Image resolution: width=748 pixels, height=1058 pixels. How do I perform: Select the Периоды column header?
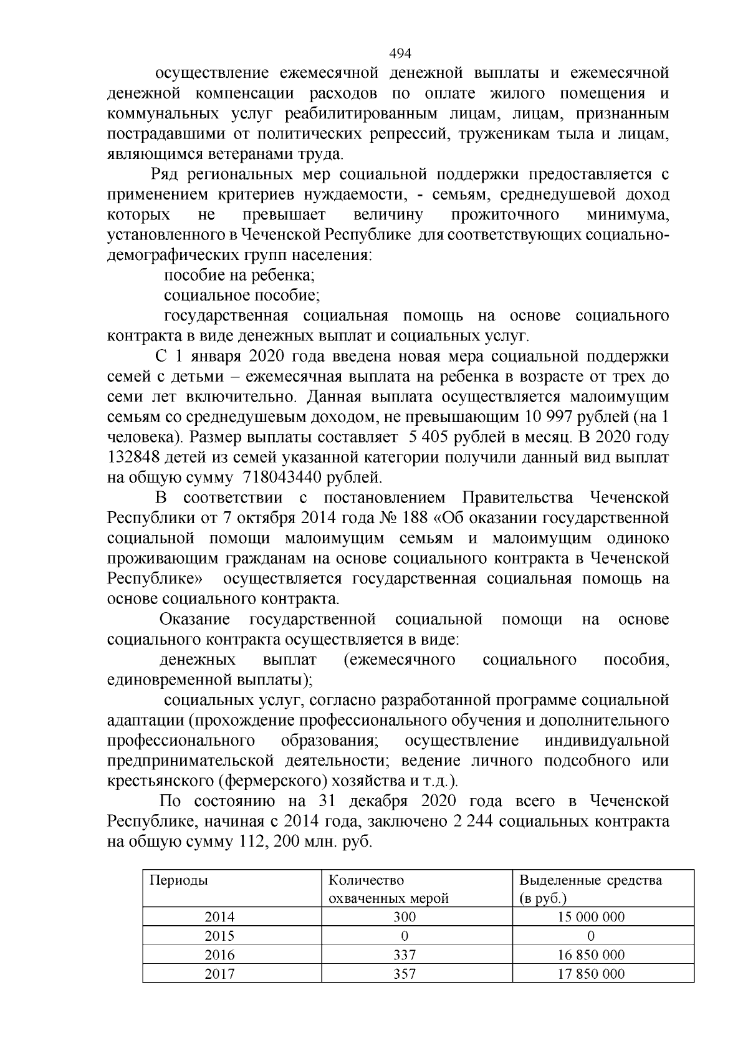click(x=178, y=880)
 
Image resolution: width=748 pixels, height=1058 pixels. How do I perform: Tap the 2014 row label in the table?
click(x=219, y=916)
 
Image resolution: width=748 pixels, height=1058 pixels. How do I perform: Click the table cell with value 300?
click(x=405, y=916)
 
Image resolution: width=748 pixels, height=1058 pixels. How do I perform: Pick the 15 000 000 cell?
click(x=591, y=916)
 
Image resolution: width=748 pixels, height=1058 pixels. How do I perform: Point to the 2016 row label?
click(x=219, y=955)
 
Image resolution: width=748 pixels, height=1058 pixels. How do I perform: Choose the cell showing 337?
click(x=405, y=955)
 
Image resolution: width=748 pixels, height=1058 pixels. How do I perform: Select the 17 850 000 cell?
click(x=591, y=973)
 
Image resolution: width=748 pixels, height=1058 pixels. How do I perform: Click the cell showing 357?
click(x=405, y=973)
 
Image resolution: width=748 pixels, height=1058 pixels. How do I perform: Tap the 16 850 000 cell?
click(x=591, y=955)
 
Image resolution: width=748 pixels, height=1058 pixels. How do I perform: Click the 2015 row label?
click(x=219, y=936)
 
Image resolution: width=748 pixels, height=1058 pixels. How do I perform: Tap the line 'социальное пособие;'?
click(x=242, y=295)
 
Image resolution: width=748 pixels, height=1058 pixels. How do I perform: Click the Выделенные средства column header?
click(x=590, y=880)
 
